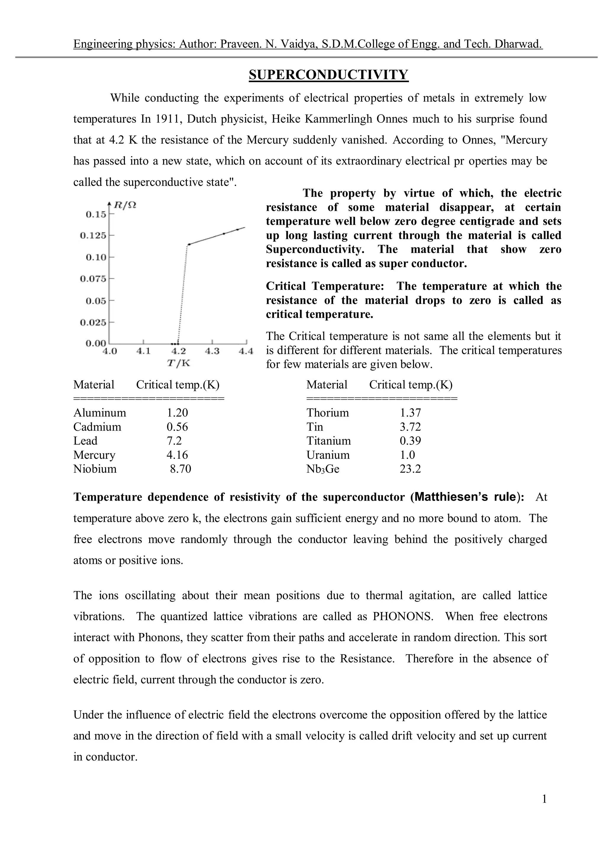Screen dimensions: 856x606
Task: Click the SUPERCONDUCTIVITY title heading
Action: tap(328, 75)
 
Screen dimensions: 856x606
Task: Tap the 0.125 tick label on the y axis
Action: tap(93, 236)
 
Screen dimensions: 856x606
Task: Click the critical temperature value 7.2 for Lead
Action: tap(174, 441)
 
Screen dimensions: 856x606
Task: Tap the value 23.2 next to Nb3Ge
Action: tap(410, 469)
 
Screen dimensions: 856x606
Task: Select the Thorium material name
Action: tap(328, 413)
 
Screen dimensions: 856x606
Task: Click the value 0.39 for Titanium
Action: tap(410, 441)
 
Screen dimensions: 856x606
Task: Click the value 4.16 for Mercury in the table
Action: tap(177, 455)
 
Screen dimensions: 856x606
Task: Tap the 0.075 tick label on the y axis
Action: tap(93, 279)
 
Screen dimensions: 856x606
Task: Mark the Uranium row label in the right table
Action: tap(328, 455)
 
